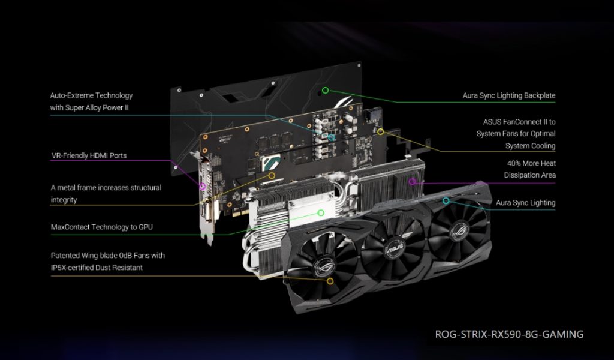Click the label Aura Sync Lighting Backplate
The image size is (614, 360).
point(508,95)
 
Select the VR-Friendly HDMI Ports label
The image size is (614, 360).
point(89,156)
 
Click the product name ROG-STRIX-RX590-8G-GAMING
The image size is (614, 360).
point(509,334)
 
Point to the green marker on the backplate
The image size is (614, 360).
point(325,91)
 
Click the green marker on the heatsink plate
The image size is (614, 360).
point(321,212)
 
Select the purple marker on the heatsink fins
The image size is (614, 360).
point(412,181)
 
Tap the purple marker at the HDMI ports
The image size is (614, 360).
point(203,187)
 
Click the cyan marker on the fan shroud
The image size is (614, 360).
point(446,200)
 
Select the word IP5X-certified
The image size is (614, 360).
point(78,268)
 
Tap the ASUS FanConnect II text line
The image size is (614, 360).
point(519,122)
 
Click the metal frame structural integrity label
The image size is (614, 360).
point(106,193)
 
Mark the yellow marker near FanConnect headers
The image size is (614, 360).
point(380,131)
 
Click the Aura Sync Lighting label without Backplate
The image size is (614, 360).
point(525,203)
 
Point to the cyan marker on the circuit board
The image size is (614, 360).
point(332,137)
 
